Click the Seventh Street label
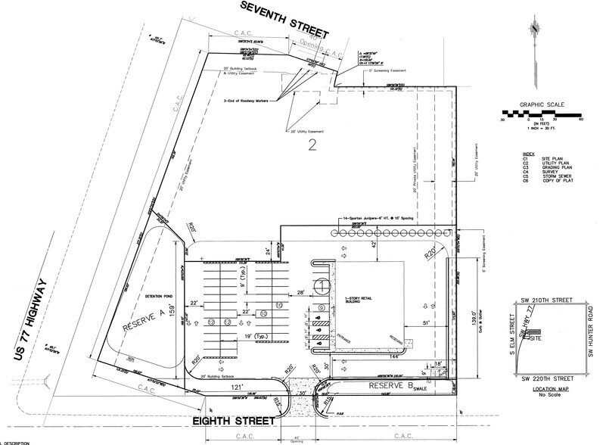[x=286, y=20]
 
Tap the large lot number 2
[x=309, y=148]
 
